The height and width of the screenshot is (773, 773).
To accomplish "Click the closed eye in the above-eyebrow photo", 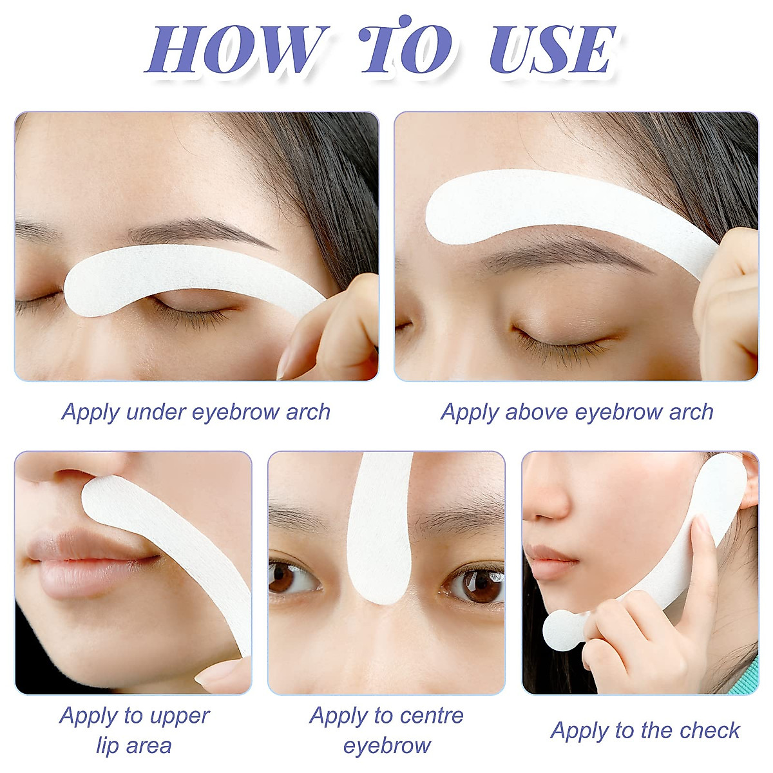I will pos(560,338).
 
